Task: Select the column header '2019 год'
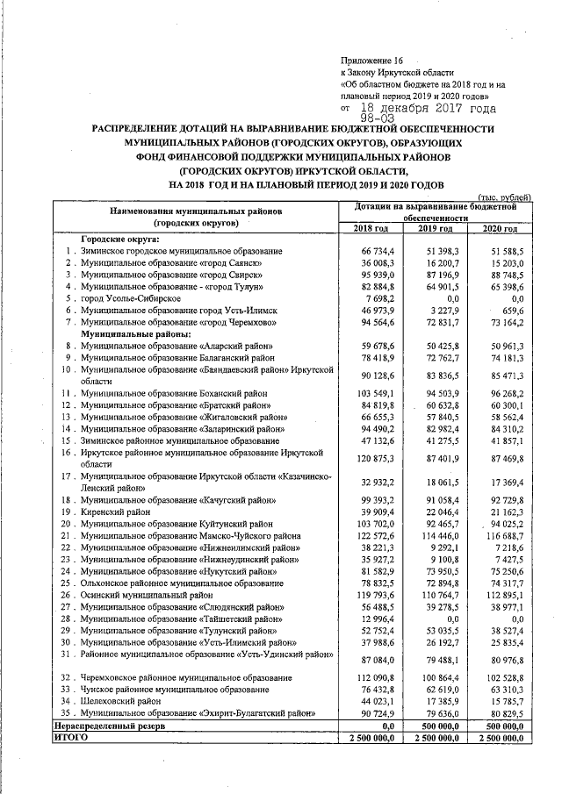click(434, 228)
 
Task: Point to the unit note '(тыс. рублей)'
click(504, 197)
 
